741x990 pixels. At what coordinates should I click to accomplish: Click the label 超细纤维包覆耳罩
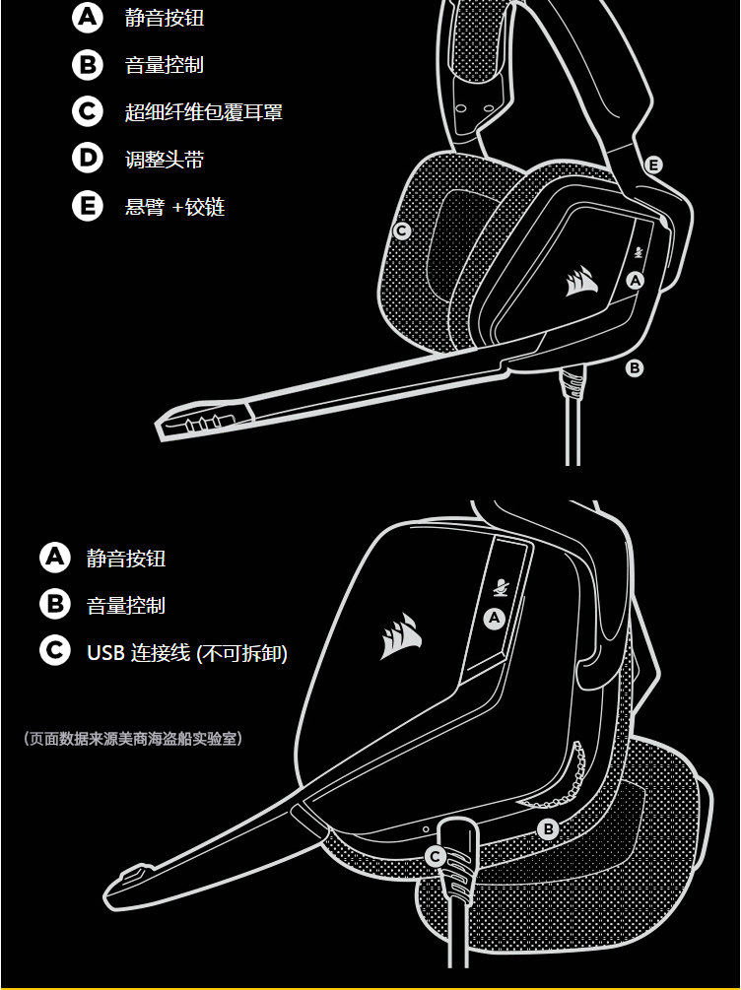click(x=204, y=112)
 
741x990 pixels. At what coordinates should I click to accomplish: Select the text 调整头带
click(x=165, y=160)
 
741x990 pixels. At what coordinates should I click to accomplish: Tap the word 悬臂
click(x=145, y=207)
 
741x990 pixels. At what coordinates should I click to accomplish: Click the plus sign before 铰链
click(x=177, y=208)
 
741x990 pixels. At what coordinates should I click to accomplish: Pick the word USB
click(x=104, y=652)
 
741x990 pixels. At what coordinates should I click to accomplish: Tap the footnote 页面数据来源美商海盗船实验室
click(x=132, y=738)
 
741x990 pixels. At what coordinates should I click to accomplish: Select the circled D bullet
click(x=87, y=159)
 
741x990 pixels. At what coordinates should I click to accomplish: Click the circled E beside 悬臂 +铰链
click(x=87, y=206)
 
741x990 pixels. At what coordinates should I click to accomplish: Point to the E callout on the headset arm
click(x=653, y=165)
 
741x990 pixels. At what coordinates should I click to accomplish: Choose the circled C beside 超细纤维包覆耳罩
click(x=87, y=111)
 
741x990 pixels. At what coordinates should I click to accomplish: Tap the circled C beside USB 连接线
click(x=55, y=651)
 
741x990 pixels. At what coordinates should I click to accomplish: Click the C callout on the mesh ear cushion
click(x=401, y=231)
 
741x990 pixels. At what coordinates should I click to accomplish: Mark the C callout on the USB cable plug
click(x=435, y=856)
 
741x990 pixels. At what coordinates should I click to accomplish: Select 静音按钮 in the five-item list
click(x=165, y=18)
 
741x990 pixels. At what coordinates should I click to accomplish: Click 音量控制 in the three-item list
click(x=126, y=605)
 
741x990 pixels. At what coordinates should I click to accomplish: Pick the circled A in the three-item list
click(x=55, y=558)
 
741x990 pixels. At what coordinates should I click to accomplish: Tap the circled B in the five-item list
click(x=87, y=65)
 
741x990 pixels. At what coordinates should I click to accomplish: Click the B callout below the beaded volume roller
click(x=549, y=829)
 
